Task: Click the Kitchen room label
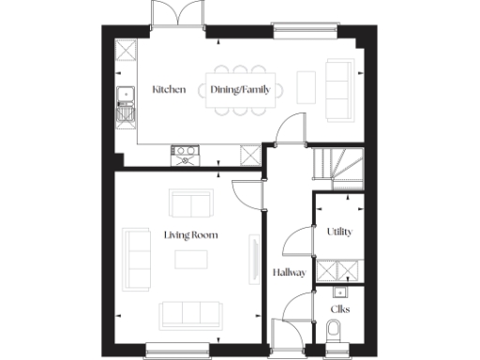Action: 169,90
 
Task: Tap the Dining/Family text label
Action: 239,90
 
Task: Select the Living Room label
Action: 190,234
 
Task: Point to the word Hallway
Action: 289,273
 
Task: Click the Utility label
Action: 338,232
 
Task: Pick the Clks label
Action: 339,307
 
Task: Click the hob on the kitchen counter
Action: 185,151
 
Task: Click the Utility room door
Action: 298,241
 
